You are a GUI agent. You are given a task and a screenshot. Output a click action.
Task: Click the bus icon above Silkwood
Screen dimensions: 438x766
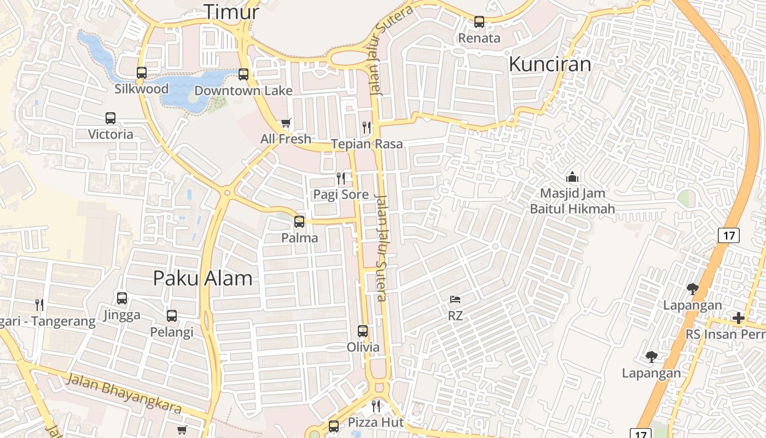tap(142, 72)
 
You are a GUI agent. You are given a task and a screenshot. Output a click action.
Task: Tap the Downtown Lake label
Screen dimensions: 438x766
tap(243, 90)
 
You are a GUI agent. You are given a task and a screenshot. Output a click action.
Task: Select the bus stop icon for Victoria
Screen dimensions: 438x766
tap(111, 118)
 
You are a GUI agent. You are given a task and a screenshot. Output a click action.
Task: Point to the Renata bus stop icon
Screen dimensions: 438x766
tap(479, 22)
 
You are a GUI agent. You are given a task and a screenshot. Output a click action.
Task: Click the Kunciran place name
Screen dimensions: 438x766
tap(550, 64)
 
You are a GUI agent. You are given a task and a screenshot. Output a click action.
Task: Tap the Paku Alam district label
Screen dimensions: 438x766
tap(202, 278)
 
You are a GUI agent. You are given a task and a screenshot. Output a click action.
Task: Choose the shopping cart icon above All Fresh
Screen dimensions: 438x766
tap(286, 123)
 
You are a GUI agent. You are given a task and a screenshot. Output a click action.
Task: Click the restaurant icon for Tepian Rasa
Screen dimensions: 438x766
tap(367, 128)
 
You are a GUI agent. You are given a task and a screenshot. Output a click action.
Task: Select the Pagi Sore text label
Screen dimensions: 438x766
tap(340, 194)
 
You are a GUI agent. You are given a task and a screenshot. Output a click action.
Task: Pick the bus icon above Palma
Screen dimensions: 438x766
tap(299, 222)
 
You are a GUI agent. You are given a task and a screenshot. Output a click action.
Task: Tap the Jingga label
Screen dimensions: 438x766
tap(122, 315)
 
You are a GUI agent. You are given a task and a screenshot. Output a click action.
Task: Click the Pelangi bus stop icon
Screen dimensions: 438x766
tap(172, 316)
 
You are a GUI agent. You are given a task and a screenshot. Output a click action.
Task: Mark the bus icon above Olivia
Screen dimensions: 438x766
tap(363, 331)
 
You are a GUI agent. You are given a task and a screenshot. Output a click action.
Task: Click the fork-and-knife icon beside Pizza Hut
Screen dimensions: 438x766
tap(376, 406)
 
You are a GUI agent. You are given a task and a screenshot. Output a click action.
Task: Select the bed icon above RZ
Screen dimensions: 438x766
tap(455, 299)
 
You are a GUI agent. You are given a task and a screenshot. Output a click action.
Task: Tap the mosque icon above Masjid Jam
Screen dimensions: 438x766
tap(572, 177)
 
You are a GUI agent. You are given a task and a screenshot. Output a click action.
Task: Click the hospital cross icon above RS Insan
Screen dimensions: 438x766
tap(739, 318)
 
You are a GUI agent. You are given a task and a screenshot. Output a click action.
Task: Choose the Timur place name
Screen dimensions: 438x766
tap(231, 11)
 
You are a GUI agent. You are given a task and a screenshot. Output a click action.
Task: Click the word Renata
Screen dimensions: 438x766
tap(479, 38)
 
